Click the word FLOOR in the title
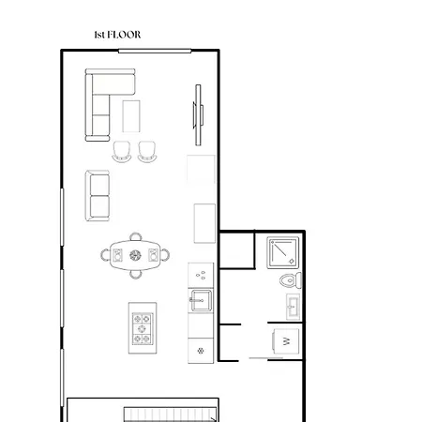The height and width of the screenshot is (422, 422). (125, 35)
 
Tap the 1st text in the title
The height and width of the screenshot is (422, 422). (100, 35)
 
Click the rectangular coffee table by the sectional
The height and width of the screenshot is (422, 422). (131, 116)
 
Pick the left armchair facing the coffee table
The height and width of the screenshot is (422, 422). (123, 151)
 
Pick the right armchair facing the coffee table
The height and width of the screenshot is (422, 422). (148, 151)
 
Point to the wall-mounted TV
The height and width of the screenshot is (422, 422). (198, 110)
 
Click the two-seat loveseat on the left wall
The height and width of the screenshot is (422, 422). (98, 195)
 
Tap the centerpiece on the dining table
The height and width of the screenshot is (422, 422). (136, 254)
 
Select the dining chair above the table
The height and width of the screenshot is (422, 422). (136, 237)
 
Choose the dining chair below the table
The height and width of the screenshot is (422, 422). (136, 273)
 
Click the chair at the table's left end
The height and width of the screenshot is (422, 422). (107, 254)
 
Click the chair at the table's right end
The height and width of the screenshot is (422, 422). (166, 254)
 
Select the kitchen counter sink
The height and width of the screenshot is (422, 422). (200, 301)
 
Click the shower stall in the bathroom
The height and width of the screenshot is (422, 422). (282, 250)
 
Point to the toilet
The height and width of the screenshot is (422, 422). (290, 279)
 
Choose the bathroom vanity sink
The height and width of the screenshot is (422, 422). (293, 307)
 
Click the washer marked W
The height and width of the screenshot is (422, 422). (285, 341)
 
